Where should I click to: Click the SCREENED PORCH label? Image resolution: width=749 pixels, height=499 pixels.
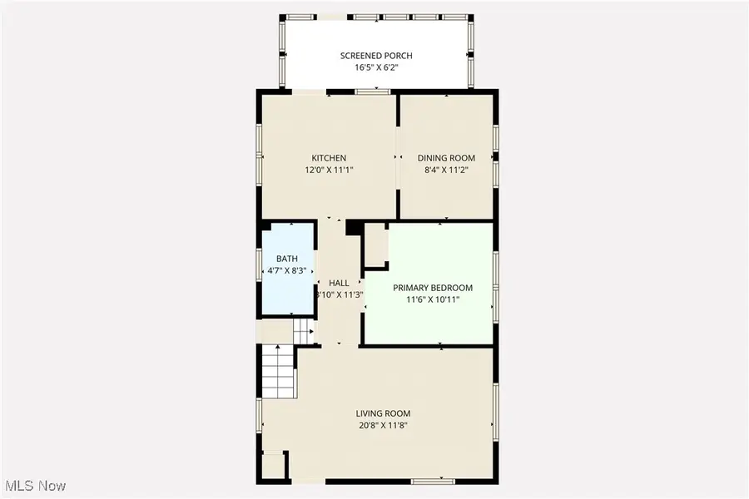click(x=375, y=56)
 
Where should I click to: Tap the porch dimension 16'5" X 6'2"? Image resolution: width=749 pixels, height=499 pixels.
click(x=375, y=68)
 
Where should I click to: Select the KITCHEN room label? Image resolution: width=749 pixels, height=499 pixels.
click(x=329, y=158)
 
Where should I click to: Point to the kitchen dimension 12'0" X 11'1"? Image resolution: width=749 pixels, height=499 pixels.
click(x=329, y=170)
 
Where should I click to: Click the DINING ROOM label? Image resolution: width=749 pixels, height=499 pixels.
click(x=446, y=158)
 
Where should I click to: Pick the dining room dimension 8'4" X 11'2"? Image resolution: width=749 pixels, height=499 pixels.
click(x=446, y=170)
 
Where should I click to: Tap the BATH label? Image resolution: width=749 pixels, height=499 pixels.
click(x=287, y=259)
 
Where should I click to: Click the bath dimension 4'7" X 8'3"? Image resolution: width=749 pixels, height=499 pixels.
click(x=287, y=271)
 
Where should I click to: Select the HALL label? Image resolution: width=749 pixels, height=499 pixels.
click(x=339, y=283)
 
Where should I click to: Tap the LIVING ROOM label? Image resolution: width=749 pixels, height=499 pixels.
click(x=383, y=413)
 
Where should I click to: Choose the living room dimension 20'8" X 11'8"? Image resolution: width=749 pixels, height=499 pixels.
click(x=383, y=425)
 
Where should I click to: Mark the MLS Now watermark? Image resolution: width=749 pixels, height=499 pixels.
click(x=36, y=485)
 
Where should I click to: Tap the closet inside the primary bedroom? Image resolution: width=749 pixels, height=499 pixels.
click(x=375, y=245)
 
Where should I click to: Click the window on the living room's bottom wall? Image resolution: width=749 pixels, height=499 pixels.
click(x=433, y=481)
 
